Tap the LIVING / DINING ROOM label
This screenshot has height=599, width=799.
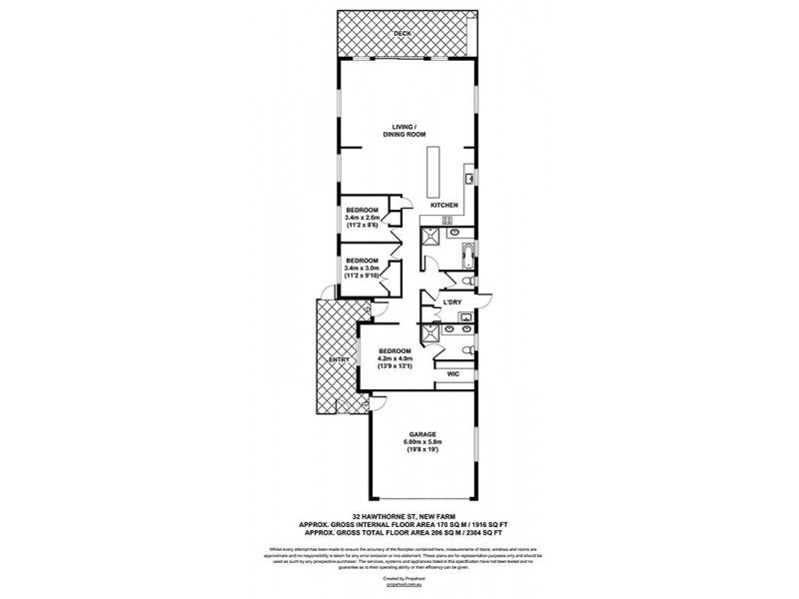pyautogui.click(x=401, y=131)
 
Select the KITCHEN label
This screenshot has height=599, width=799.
pyautogui.click(x=444, y=206)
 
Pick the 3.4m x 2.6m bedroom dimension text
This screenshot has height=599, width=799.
pyautogui.click(x=363, y=219)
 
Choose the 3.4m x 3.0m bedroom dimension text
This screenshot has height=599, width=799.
pyautogui.click(x=363, y=269)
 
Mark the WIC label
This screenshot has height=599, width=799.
pyautogui.click(x=453, y=375)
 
